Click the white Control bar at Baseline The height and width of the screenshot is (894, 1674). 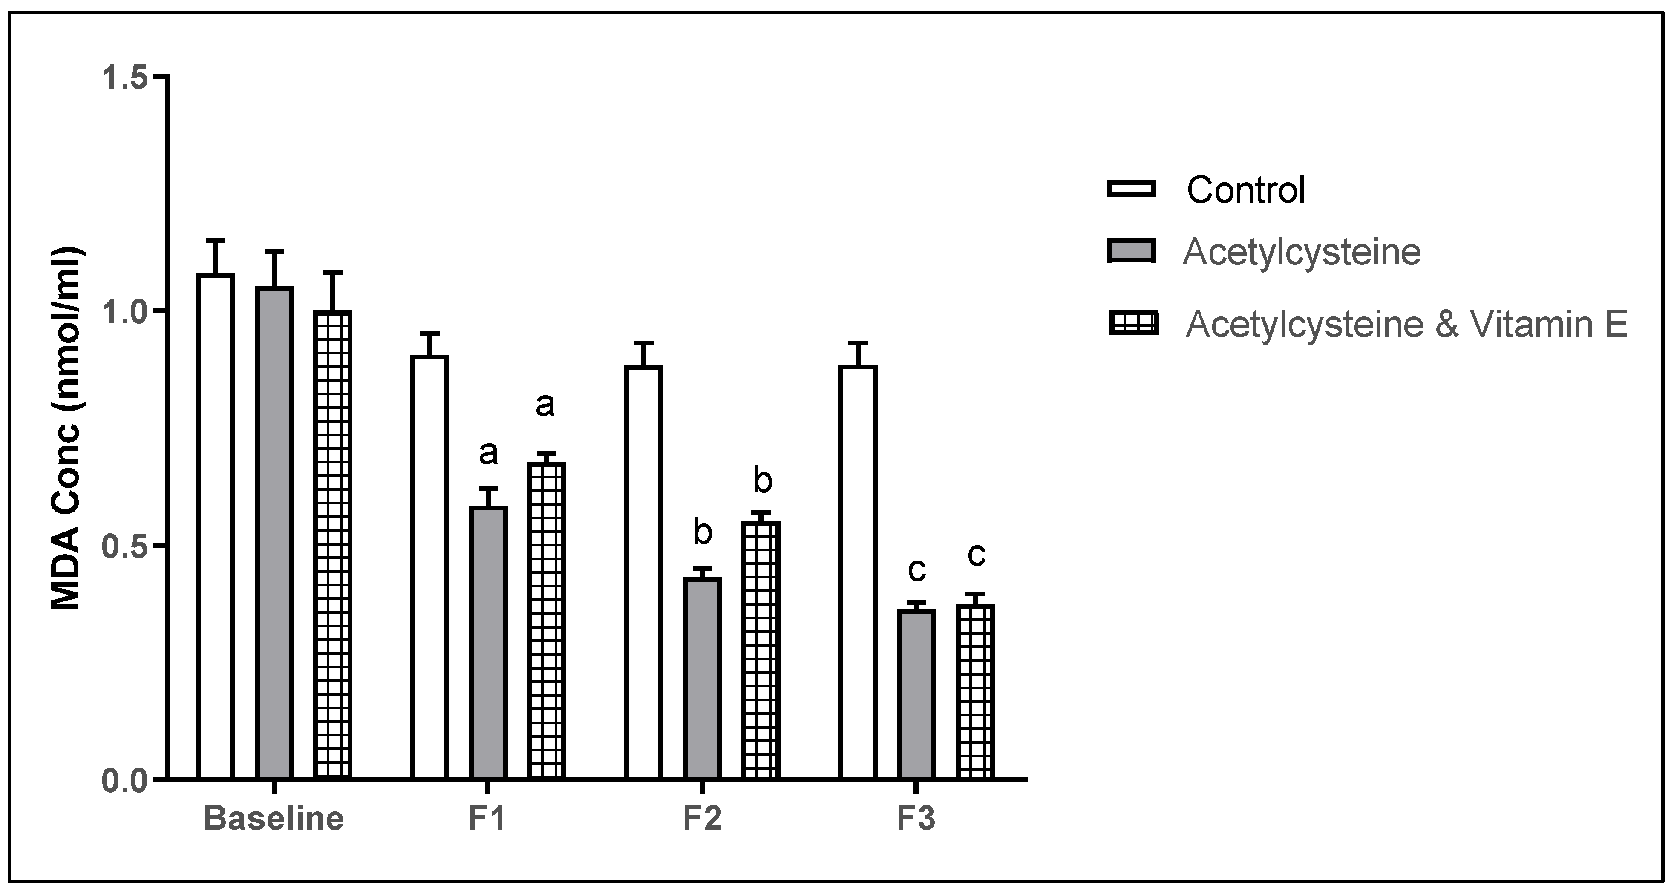point(216,526)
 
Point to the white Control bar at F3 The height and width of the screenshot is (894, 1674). point(858,572)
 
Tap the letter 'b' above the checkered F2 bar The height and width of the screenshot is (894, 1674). point(762,481)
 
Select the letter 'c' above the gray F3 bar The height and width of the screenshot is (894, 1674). point(916,570)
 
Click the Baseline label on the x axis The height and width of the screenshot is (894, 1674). point(274,819)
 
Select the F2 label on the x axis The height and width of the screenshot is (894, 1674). point(702,819)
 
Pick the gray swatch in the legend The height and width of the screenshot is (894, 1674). point(1131,251)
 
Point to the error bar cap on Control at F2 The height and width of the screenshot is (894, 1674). point(643,342)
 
